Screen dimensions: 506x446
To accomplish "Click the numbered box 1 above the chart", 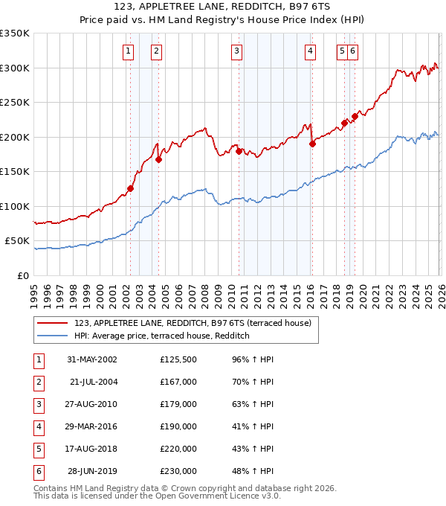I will [129, 51].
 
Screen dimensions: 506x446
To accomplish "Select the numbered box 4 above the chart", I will [309, 51].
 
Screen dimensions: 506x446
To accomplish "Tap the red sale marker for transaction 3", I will [239, 151].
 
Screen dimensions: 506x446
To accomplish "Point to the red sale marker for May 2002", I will [130, 188].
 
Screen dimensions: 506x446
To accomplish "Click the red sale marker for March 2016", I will [312, 144].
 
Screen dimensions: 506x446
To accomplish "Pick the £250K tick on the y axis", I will [15, 102].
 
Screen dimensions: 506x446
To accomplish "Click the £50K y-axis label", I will [17, 241].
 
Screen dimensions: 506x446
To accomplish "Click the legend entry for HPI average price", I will [161, 336].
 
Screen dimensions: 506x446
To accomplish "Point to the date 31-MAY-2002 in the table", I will [91, 360].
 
